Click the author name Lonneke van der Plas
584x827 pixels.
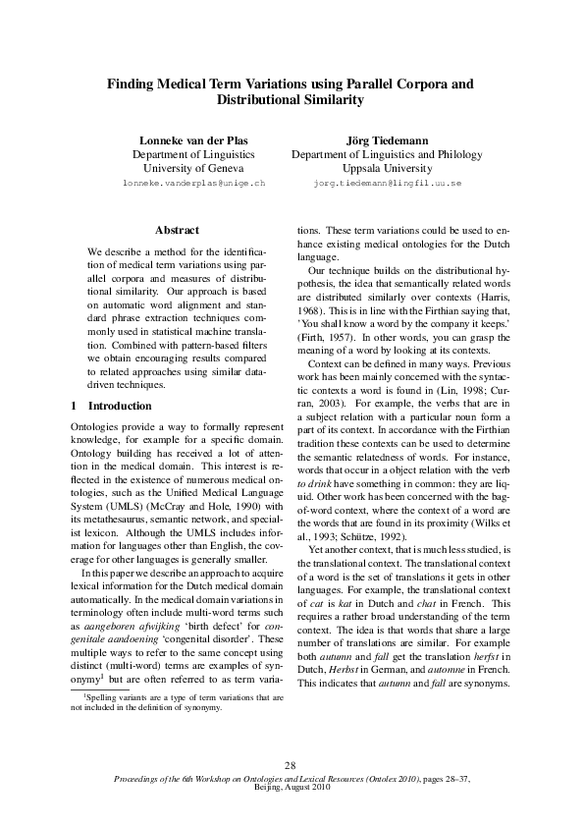pos(193,139)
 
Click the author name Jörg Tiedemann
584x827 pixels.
pos(387,139)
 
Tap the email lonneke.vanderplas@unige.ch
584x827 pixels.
pos(193,184)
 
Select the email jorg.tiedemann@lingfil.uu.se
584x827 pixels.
pos(387,184)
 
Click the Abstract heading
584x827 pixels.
pos(178,231)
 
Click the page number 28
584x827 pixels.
pos(291,766)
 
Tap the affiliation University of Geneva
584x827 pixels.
pos(193,169)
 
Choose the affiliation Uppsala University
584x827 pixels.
pos(387,169)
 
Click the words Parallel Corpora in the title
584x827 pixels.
pos(384,83)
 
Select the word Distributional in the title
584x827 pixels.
pos(264,100)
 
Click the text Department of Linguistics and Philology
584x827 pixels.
pos(387,154)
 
